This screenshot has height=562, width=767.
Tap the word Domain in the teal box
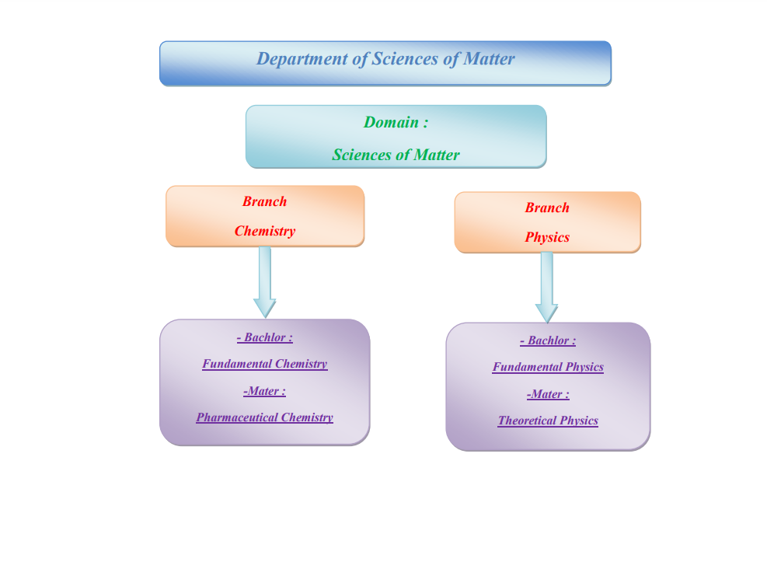point(391,122)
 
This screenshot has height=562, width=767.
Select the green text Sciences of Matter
point(396,155)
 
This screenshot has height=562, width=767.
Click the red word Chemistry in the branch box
point(265,231)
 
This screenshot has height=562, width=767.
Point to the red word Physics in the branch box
point(547,237)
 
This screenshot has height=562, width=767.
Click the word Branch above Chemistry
point(264,201)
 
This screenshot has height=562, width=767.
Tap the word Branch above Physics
point(547,208)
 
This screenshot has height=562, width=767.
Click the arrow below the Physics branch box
point(546,287)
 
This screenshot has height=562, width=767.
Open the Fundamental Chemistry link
point(264,364)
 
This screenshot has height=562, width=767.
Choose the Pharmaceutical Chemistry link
point(264,417)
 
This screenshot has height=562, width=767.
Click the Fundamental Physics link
point(548,367)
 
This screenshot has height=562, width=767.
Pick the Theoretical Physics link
point(548,421)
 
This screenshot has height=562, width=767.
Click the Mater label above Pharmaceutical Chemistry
point(264,391)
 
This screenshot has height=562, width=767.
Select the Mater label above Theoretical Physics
point(548,394)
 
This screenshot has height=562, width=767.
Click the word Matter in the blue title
point(489,59)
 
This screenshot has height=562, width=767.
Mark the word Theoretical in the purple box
point(528,421)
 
